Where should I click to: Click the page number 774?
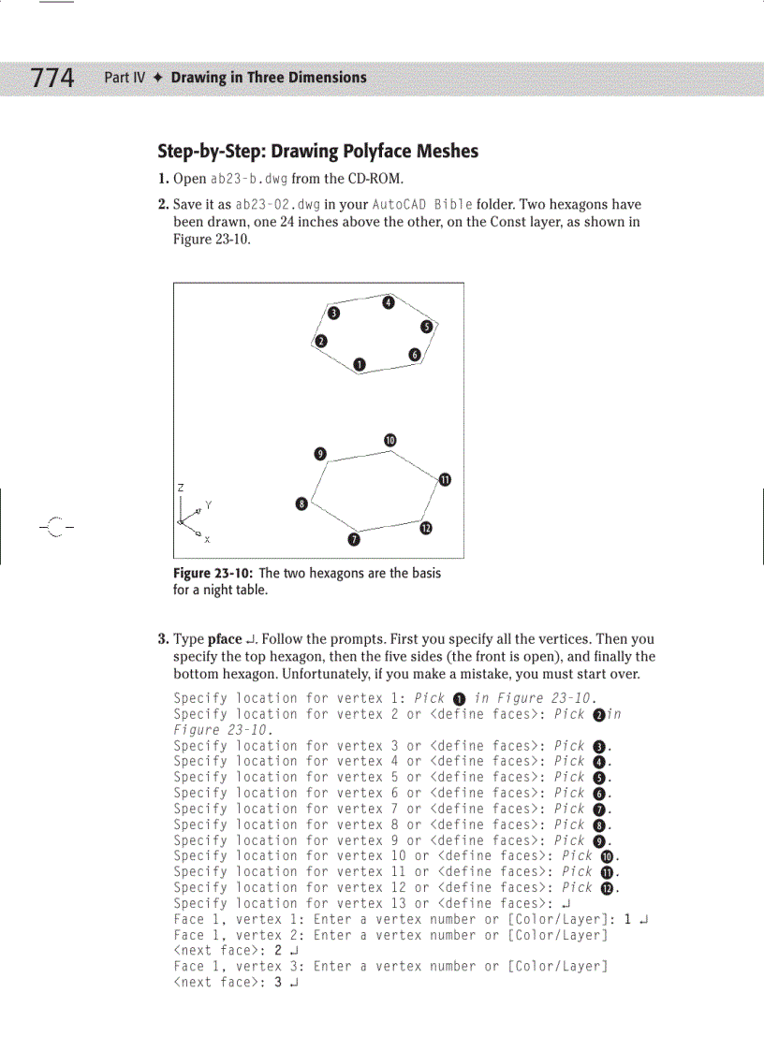52,78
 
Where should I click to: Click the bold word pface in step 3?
225,640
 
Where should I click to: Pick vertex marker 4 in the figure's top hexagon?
389,301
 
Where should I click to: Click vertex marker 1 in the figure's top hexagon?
359,364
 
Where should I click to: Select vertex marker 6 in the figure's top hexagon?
414,354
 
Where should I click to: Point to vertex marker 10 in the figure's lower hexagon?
389,441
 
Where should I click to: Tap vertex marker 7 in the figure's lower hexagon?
354,539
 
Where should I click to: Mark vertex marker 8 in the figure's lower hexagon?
301,504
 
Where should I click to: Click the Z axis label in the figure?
180,488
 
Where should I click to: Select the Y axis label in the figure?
208,505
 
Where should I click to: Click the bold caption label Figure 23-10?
213,573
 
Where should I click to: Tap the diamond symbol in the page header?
158,78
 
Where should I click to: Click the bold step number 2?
162,205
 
